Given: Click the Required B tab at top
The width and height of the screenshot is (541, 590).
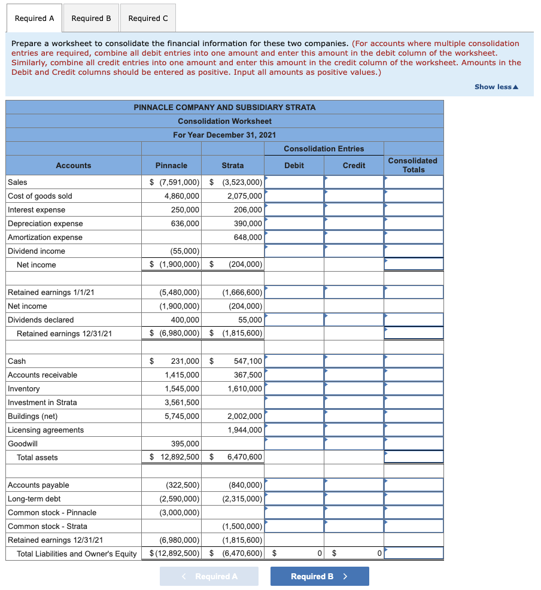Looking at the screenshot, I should click(91, 18).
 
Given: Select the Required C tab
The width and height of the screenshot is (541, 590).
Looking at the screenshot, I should click(148, 18).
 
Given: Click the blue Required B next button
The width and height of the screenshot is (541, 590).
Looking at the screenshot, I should click(319, 576).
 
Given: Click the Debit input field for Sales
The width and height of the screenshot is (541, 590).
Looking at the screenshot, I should click(294, 182).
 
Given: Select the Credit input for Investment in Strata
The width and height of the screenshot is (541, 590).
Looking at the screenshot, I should click(354, 402).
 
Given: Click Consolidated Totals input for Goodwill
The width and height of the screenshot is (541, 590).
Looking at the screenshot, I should click(414, 443).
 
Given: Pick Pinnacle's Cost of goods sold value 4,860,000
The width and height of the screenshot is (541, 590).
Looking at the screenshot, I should click(182, 196).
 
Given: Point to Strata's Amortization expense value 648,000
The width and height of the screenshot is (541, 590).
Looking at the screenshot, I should click(245, 237).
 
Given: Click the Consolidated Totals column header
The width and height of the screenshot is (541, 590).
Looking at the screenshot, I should click(413, 165).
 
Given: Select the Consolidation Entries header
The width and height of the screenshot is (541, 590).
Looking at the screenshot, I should click(324, 148).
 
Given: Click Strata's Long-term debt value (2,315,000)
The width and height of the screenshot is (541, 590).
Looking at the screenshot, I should click(242, 498).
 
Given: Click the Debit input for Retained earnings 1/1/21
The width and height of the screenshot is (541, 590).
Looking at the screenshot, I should click(294, 292).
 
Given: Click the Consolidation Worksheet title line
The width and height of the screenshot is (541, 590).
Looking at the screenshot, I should click(224, 121).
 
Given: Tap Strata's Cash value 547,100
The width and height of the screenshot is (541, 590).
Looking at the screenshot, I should click(246, 361).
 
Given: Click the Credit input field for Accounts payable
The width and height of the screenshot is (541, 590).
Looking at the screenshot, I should click(354, 485).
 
